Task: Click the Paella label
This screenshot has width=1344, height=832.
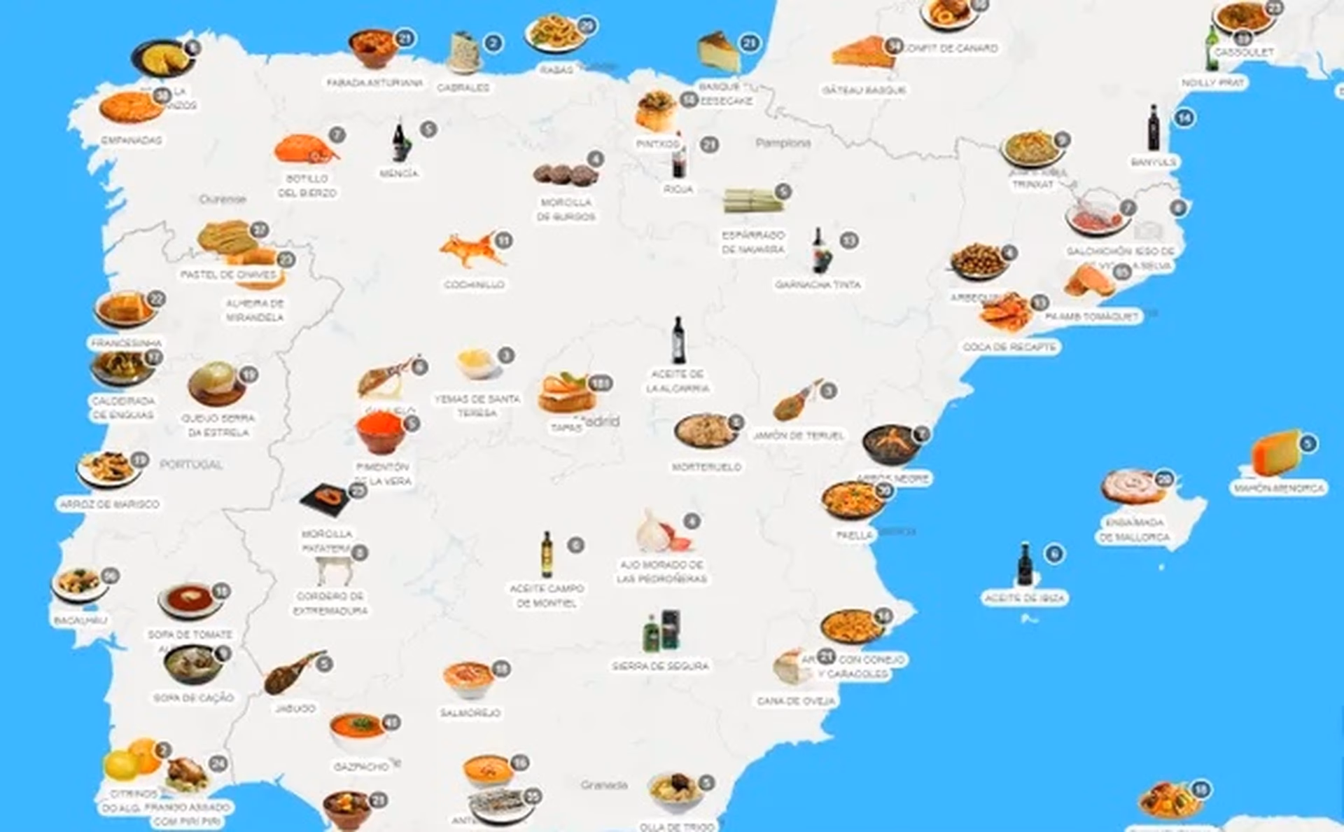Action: pyautogui.click(x=855, y=535)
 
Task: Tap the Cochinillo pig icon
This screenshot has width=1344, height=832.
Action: pyautogui.click(x=472, y=249)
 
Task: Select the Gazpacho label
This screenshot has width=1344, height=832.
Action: pyautogui.click(x=360, y=766)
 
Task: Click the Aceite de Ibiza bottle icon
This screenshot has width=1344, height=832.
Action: pyautogui.click(x=1025, y=564)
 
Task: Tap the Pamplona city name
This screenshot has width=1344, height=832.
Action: pyautogui.click(x=783, y=143)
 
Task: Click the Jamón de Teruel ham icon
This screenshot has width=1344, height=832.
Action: pyautogui.click(x=797, y=400)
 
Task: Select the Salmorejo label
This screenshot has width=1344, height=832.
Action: pyautogui.click(x=470, y=713)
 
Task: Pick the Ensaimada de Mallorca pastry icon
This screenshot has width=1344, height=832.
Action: pyautogui.click(x=1132, y=487)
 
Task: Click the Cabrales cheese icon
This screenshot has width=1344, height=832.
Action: pyautogui.click(x=463, y=50)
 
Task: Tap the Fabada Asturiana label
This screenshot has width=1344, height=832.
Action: pyautogui.click(x=374, y=83)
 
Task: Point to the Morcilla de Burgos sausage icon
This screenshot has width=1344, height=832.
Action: pyautogui.click(x=565, y=174)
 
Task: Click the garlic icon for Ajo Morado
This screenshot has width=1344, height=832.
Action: pyautogui.click(x=662, y=532)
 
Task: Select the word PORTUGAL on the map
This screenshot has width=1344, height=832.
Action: pyautogui.click(x=190, y=464)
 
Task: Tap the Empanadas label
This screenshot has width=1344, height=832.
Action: pyautogui.click(x=131, y=140)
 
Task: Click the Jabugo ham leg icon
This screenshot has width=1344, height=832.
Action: pyautogui.click(x=293, y=672)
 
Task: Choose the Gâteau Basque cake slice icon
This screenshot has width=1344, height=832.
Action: pyautogui.click(x=863, y=53)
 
